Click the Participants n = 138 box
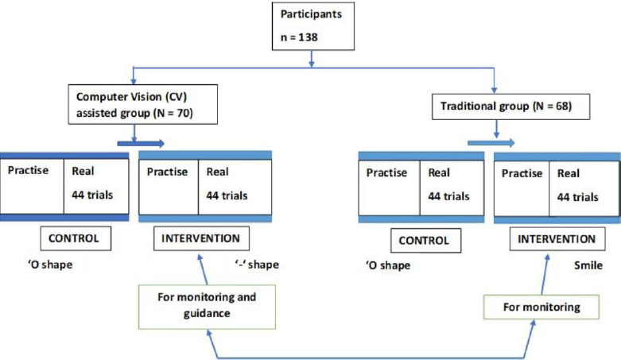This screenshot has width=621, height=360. click(x=312, y=26)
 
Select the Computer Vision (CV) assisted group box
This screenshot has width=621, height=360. click(x=142, y=105)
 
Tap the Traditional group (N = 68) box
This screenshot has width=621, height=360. click(x=510, y=106)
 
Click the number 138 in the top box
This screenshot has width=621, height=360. click(x=308, y=37)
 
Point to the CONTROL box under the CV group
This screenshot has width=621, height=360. click(x=76, y=238)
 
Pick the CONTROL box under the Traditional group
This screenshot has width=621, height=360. click(x=425, y=240)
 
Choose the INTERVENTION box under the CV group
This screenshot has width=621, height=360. click(x=201, y=238)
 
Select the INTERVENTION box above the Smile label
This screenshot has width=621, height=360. click(x=557, y=239)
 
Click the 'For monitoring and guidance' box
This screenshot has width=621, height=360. click(x=207, y=307)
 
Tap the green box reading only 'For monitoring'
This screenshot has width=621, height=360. click(x=541, y=307)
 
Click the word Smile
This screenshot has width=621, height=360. click(x=588, y=265)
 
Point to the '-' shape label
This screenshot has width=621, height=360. click(x=257, y=265)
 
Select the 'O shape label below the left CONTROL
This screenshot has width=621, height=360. click(x=50, y=265)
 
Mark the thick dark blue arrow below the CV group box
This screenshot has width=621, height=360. click(x=141, y=143)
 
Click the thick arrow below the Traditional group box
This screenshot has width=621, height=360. click(x=491, y=142)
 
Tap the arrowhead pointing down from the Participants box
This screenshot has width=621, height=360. click(x=312, y=64)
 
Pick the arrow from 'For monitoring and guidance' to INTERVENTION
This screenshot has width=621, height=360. click(x=203, y=269)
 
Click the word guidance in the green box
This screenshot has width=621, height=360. click(x=207, y=314)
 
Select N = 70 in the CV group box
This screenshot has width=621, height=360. click(x=174, y=114)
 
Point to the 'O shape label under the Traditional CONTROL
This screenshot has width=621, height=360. click(x=388, y=265)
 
